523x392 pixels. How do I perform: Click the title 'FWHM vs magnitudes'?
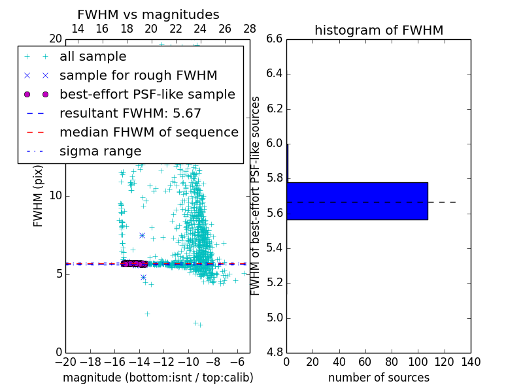coord(148,15)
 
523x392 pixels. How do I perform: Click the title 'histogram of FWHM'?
coord(379,30)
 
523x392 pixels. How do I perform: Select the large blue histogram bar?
coord(357,201)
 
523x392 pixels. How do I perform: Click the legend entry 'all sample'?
coord(93,57)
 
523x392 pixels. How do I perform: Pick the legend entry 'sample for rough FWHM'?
coord(138,75)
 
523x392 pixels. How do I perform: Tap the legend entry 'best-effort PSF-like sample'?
coord(147,94)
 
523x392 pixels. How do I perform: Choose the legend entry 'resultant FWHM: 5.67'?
coord(130,113)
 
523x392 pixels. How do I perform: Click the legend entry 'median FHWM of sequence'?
coord(148,132)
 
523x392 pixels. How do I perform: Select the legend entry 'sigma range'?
coord(100,152)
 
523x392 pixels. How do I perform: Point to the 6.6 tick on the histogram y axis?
coord(275,39)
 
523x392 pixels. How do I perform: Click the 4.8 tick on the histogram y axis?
coord(275,353)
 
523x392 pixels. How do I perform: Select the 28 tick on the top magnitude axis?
coord(250,29)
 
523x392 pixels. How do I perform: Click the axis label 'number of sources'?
coord(379,378)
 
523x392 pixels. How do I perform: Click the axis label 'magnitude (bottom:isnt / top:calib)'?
coord(158,378)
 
